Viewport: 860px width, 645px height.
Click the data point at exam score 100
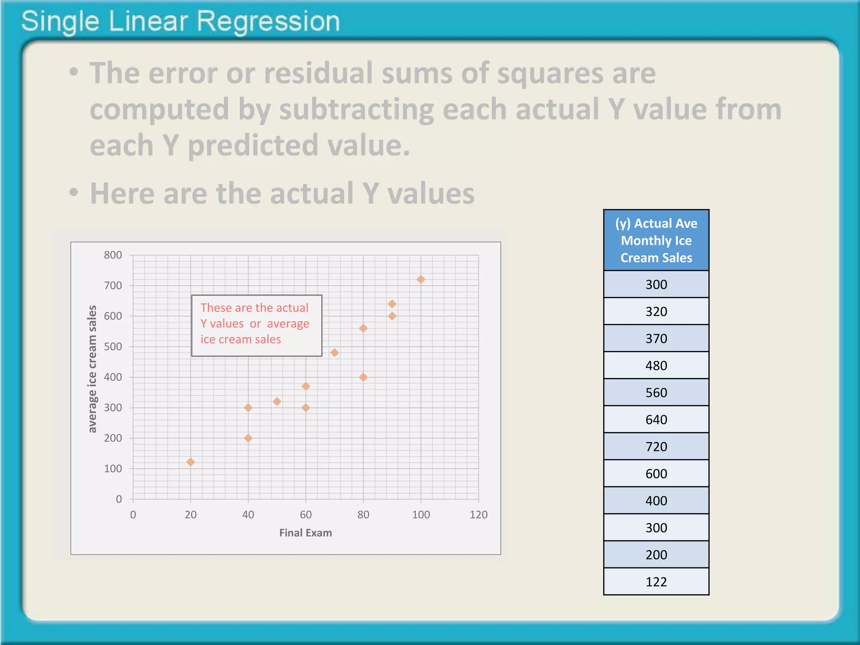(x=421, y=280)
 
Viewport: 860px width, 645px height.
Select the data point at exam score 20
(x=190, y=462)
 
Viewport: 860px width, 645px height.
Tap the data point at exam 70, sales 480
(x=334, y=353)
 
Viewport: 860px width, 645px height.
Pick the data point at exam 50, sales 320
(x=277, y=402)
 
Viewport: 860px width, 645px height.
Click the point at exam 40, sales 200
(x=248, y=438)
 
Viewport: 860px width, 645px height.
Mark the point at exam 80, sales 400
(x=363, y=377)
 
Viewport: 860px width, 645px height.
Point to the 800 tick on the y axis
(x=113, y=255)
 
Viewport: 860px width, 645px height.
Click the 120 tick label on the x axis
(x=478, y=515)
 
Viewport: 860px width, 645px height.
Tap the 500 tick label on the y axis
(x=113, y=346)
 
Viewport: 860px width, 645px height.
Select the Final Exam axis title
(x=305, y=533)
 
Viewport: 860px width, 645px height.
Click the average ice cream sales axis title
(x=92, y=369)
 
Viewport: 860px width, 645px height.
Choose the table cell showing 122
(x=656, y=582)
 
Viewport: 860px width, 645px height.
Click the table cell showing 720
(x=656, y=446)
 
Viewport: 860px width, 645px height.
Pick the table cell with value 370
(x=656, y=338)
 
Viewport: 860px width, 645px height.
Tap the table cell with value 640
(x=656, y=420)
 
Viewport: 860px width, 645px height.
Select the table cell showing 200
(x=656, y=555)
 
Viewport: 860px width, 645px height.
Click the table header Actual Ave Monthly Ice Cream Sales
(x=656, y=240)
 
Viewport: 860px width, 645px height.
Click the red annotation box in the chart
(x=257, y=325)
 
